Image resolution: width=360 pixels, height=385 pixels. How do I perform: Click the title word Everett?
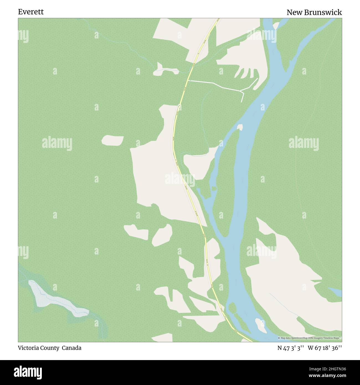(x=31, y=12)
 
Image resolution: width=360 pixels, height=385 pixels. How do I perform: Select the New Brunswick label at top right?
(x=314, y=12)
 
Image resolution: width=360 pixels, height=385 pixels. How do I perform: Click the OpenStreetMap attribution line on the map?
(x=310, y=338)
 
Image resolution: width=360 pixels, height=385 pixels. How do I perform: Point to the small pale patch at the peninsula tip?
(x=240, y=127)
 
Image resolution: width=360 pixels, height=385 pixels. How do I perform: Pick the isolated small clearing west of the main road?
(x=112, y=140)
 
